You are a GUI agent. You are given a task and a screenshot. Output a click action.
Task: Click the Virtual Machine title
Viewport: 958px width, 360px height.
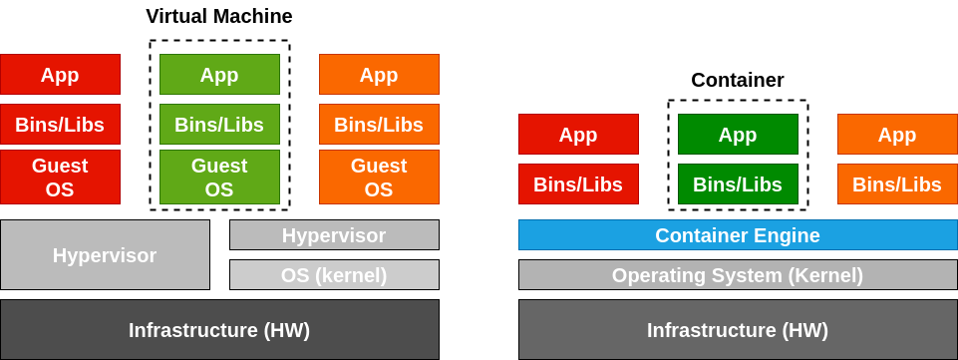219,16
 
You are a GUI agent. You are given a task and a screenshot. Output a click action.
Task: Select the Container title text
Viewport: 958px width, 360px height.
737,80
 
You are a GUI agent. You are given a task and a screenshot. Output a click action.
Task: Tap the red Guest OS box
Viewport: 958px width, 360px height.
60,177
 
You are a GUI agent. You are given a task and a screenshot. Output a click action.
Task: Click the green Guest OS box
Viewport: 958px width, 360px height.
219,177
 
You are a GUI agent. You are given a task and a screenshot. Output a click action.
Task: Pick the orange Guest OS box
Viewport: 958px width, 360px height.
379,177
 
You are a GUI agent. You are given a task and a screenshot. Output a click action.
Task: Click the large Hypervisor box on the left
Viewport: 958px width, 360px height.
105,254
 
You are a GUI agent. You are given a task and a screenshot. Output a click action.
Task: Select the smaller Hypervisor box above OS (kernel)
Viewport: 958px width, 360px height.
334,235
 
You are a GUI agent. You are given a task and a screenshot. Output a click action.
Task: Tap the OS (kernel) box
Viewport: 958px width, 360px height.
334,275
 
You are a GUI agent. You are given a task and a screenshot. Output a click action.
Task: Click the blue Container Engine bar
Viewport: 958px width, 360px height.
738,235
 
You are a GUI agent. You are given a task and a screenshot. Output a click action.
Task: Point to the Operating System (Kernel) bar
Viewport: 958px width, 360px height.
738,275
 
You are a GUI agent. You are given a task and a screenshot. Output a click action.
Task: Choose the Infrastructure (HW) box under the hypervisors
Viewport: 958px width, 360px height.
219,329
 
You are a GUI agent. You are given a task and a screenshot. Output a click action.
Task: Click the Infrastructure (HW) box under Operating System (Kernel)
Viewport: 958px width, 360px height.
738,329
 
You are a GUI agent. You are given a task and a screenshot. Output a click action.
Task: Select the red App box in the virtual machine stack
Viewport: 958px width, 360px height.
60,75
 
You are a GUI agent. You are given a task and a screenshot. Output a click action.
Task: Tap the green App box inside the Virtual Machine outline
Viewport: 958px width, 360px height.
219,75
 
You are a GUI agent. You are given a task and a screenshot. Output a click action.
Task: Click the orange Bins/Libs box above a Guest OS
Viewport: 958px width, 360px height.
379,125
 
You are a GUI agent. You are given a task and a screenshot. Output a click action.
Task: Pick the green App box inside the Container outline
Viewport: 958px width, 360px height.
738,135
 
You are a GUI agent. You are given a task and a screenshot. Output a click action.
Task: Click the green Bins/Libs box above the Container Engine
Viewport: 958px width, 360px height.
738,184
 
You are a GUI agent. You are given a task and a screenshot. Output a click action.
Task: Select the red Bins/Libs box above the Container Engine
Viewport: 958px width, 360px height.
578,184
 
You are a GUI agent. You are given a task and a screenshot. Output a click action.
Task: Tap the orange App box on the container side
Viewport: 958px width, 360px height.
897,135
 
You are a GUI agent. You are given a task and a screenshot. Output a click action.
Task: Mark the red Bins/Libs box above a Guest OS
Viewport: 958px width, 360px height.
60,125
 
